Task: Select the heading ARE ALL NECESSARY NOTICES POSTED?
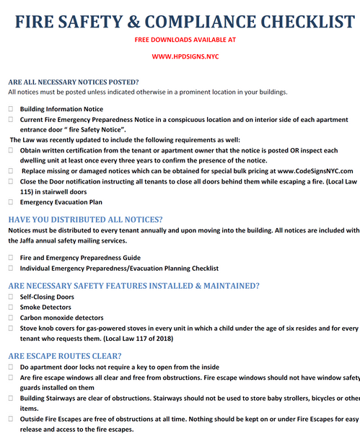coord(74,82)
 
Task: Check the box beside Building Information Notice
coord(11,109)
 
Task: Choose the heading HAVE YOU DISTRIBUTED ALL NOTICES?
coord(85,219)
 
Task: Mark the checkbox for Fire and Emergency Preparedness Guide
coord(11,257)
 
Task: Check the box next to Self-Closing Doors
coord(11,297)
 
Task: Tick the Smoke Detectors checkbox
coord(11,307)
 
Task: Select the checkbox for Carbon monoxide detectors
coord(11,317)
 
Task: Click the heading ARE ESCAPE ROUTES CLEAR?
coord(65,355)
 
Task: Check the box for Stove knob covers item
coord(11,328)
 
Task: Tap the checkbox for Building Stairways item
coord(11,398)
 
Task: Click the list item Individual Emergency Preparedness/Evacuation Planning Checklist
coord(119,268)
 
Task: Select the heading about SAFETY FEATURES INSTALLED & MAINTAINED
coord(133,285)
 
